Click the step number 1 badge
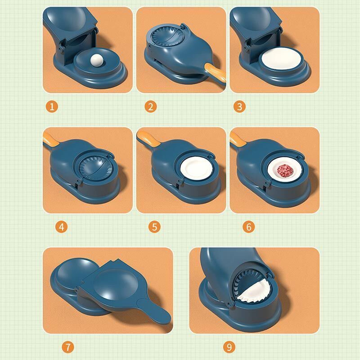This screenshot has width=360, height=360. [53, 107]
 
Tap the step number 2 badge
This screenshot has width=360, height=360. [151, 107]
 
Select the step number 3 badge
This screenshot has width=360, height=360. [239, 107]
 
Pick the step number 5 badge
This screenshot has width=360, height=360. [155, 227]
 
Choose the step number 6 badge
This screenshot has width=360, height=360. [248, 227]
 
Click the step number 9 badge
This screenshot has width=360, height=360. [229, 347]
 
